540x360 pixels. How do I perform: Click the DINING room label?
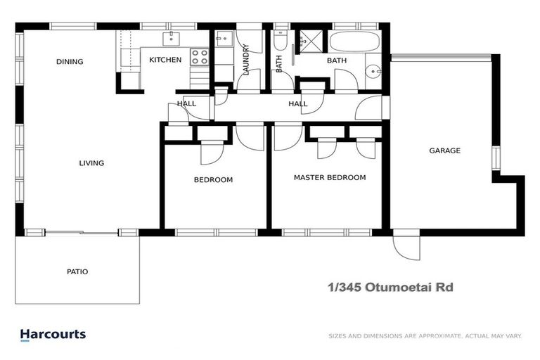point(70,62)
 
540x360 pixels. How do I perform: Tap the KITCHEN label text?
point(165,60)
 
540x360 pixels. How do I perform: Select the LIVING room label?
point(91,163)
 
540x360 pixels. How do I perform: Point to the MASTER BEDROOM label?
point(330,178)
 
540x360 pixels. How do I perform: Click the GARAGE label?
point(445,150)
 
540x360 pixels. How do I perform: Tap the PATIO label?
point(77,271)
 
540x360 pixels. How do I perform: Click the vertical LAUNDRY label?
point(246,60)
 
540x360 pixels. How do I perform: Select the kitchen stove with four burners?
point(199,57)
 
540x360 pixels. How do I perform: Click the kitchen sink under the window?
point(171,37)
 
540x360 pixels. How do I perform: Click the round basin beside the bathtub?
point(373,70)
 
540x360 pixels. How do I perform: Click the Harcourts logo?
point(53,335)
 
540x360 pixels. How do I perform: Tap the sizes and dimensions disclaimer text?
point(425,336)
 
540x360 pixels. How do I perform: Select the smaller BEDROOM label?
point(213,180)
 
